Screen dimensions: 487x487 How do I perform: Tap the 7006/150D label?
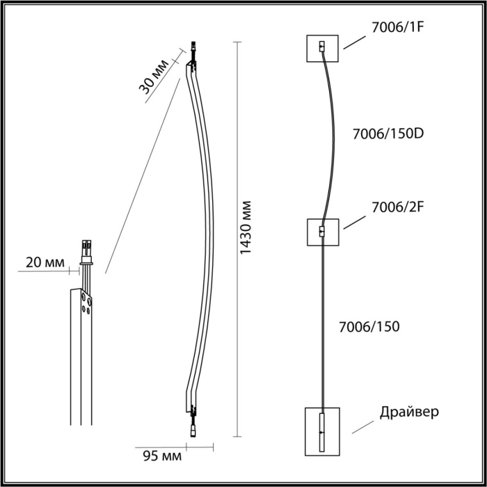click(388, 133)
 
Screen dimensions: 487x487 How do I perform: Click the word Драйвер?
click(410, 411)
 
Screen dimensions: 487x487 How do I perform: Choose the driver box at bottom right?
click(321, 431)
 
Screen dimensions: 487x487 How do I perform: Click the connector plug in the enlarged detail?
click(87, 247)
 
